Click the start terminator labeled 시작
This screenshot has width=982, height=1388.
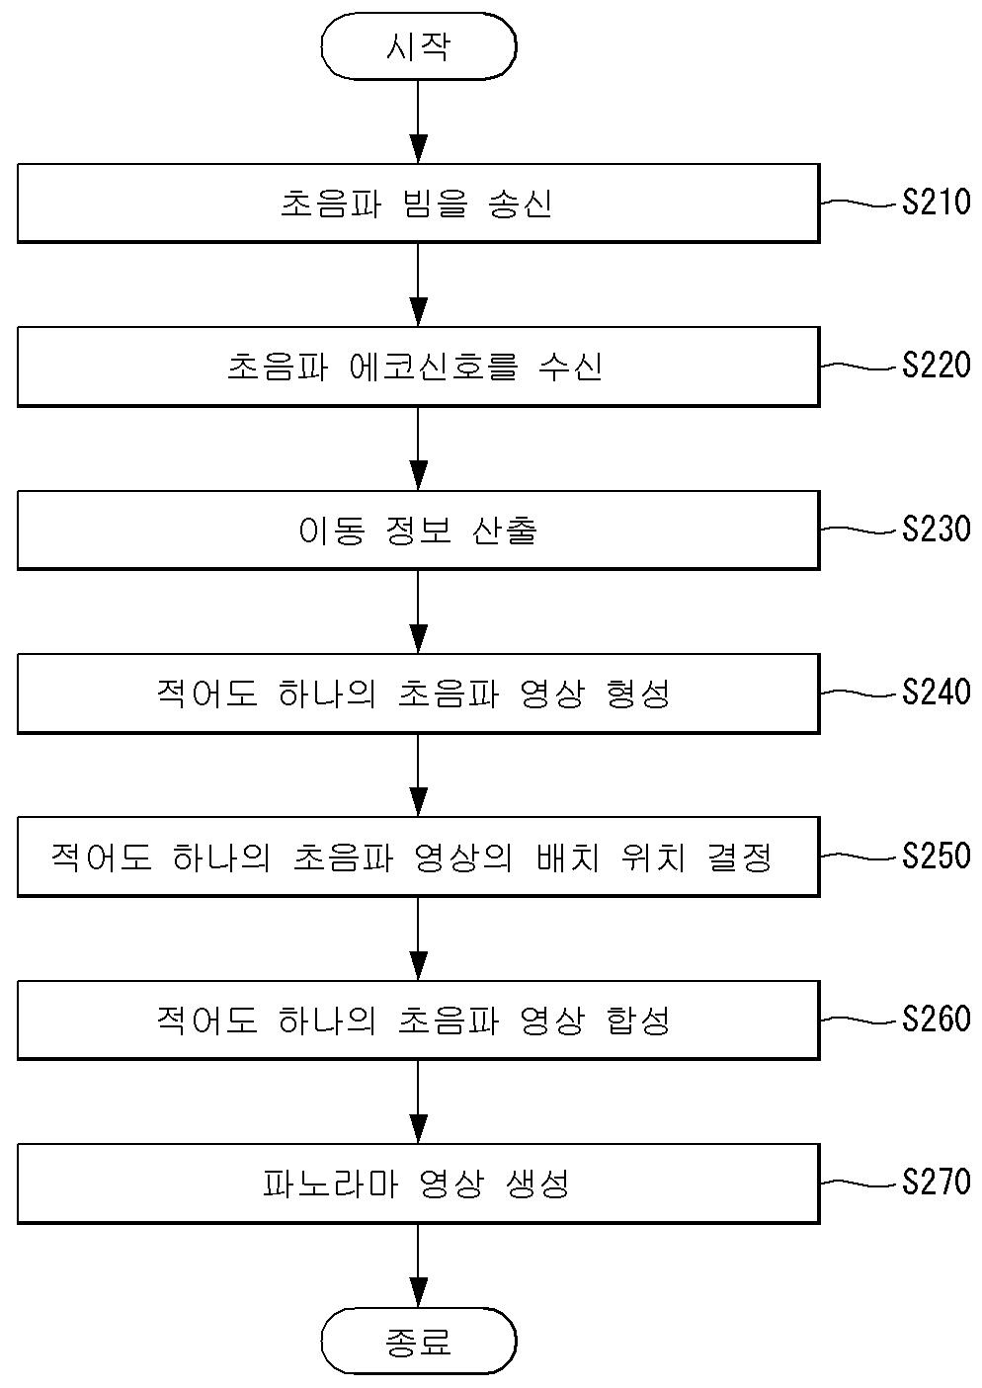pyautogui.click(x=418, y=47)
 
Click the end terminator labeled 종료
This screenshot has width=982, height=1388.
pyautogui.click(x=418, y=1342)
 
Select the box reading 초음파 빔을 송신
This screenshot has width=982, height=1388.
pyautogui.click(x=418, y=204)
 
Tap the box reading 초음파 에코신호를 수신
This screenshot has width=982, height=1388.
pyautogui.click(x=418, y=367)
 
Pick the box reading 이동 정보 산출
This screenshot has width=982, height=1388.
pyautogui.click(x=418, y=531)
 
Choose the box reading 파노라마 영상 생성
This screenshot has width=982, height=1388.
pyautogui.click(x=418, y=1183)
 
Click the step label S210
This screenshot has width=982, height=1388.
pyautogui.click(x=936, y=204)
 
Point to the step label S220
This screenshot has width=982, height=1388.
pyautogui.click(x=936, y=367)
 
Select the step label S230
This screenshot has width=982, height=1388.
pyautogui.click(x=936, y=531)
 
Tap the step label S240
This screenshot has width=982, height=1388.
pyautogui.click(x=936, y=693)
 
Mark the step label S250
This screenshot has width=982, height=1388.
pyautogui.click(x=936, y=856)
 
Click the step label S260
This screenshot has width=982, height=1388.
pyautogui.click(x=936, y=1019)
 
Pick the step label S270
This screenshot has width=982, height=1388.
pyautogui.click(x=936, y=1182)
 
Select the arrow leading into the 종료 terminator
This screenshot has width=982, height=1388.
pyautogui.click(x=418, y=1266)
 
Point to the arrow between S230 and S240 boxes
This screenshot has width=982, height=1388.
pyautogui.click(x=418, y=612)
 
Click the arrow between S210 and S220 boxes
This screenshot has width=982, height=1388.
pyautogui.click(x=418, y=285)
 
